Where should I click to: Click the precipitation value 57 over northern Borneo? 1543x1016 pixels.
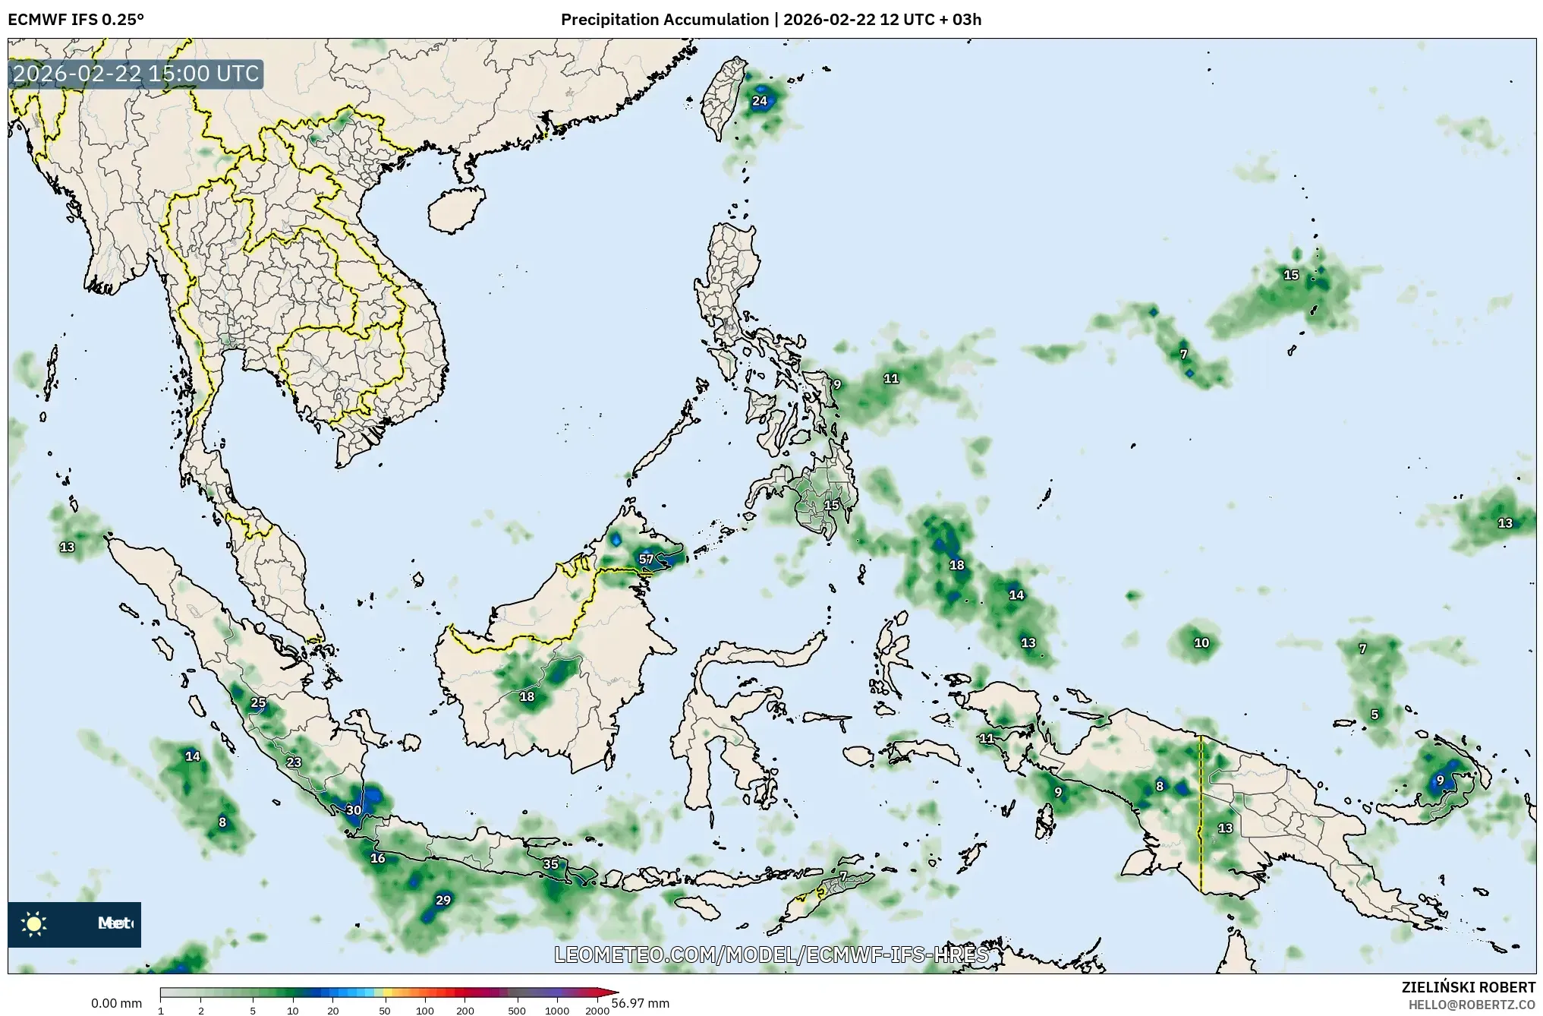pyautogui.click(x=646, y=560)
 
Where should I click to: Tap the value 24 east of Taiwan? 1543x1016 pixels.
pyautogui.click(x=760, y=101)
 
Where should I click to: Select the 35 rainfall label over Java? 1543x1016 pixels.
pyautogui.click(x=551, y=864)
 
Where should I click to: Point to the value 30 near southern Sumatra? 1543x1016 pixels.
pyautogui.click(x=354, y=810)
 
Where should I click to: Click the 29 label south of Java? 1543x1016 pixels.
pyautogui.click(x=443, y=901)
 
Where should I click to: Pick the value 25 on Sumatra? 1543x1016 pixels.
pyautogui.click(x=259, y=703)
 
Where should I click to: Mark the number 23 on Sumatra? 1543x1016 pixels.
pyautogui.click(x=294, y=762)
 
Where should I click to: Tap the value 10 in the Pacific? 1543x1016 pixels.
pyautogui.click(x=1201, y=643)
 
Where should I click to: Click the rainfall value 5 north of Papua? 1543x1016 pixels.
pyautogui.click(x=1375, y=715)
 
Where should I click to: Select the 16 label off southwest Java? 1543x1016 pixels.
pyautogui.click(x=378, y=859)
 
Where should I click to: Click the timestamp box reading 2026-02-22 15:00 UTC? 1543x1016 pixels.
pyautogui.click(x=136, y=74)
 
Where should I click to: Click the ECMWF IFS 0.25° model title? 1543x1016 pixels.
pyautogui.click(x=76, y=19)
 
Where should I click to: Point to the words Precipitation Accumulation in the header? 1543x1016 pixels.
pyautogui.click(x=665, y=19)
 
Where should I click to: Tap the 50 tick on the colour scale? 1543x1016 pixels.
pyautogui.click(x=385, y=1011)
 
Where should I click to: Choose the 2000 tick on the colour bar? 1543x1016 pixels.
pyautogui.click(x=597, y=1011)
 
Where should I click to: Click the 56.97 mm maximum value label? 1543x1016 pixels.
pyautogui.click(x=641, y=1003)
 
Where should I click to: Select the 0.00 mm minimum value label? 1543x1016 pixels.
pyautogui.click(x=116, y=1004)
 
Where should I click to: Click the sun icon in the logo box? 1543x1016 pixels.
pyautogui.click(x=34, y=923)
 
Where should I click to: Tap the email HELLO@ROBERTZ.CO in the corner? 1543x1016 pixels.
pyautogui.click(x=1472, y=1005)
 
